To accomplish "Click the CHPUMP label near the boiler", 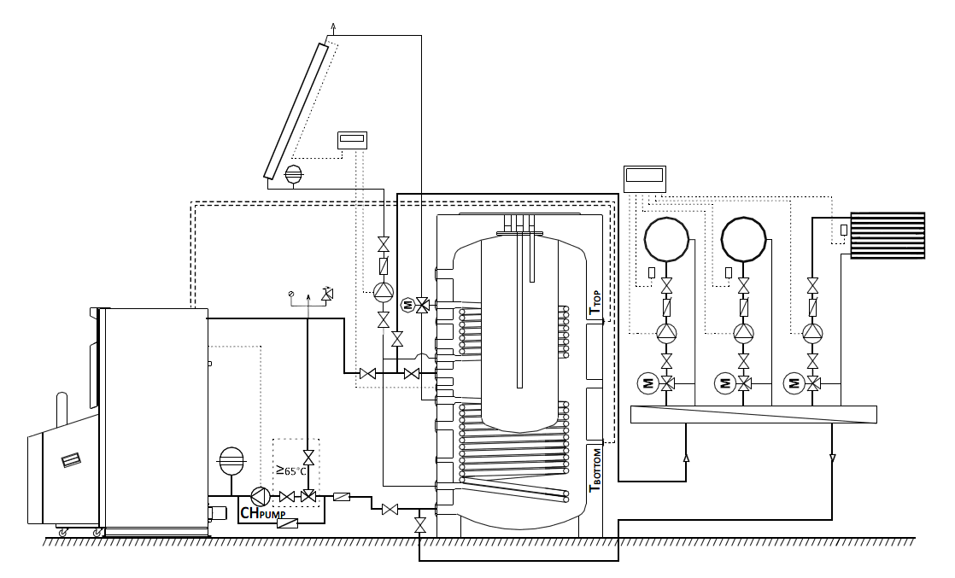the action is coord(262,513).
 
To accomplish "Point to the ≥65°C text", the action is coord(290,470).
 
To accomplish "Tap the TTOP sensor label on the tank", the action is coord(595,303).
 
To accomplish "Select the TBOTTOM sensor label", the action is coord(595,470).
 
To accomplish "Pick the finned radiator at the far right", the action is coord(888,235).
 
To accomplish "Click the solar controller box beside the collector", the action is coord(353,140).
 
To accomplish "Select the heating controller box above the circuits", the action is coord(645,178).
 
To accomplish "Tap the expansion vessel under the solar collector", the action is coord(294,173).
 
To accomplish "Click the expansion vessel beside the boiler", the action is coord(231,459).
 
